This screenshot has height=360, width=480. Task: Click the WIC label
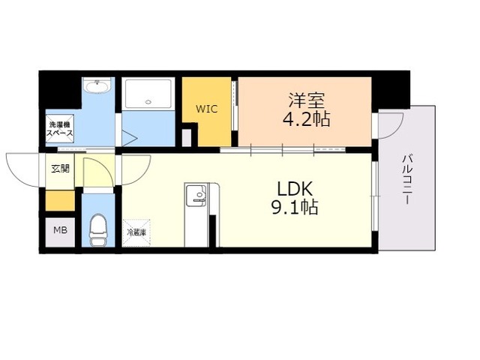[207, 109]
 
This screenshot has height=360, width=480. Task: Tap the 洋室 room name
[307, 100]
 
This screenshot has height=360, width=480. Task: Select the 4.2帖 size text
[306, 119]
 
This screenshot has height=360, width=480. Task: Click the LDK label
[295, 188]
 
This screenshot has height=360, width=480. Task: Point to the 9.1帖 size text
[295, 207]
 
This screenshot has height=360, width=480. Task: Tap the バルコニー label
[406, 180]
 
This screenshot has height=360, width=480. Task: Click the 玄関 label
[60, 168]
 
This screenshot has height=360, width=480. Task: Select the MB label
[60, 230]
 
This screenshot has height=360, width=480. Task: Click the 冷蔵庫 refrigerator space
[136, 232]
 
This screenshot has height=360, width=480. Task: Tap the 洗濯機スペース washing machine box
[60, 128]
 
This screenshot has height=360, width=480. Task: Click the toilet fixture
[98, 230]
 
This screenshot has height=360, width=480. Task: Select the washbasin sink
[97, 85]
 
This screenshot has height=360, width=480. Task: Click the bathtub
[148, 94]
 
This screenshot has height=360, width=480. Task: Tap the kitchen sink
[196, 194]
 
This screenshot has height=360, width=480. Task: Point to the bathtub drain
[148, 102]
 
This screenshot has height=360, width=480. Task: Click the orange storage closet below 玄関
[60, 200]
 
